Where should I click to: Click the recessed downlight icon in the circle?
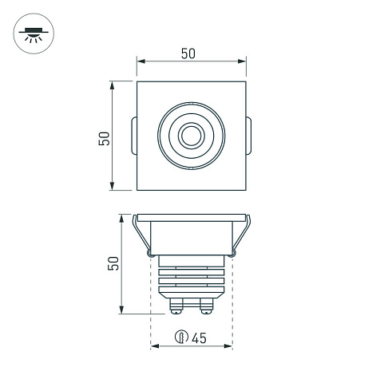[34, 34]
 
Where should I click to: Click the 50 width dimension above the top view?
[188, 53]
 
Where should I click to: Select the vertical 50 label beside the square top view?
[104, 138]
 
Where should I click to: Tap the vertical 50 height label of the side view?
[113, 263]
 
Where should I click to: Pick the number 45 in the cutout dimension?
[200, 338]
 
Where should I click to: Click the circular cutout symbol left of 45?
[181, 338]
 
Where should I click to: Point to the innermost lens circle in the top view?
[192, 136]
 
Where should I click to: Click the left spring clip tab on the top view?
[134, 136]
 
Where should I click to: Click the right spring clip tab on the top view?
[248, 136]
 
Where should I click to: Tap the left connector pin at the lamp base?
[176, 306]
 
